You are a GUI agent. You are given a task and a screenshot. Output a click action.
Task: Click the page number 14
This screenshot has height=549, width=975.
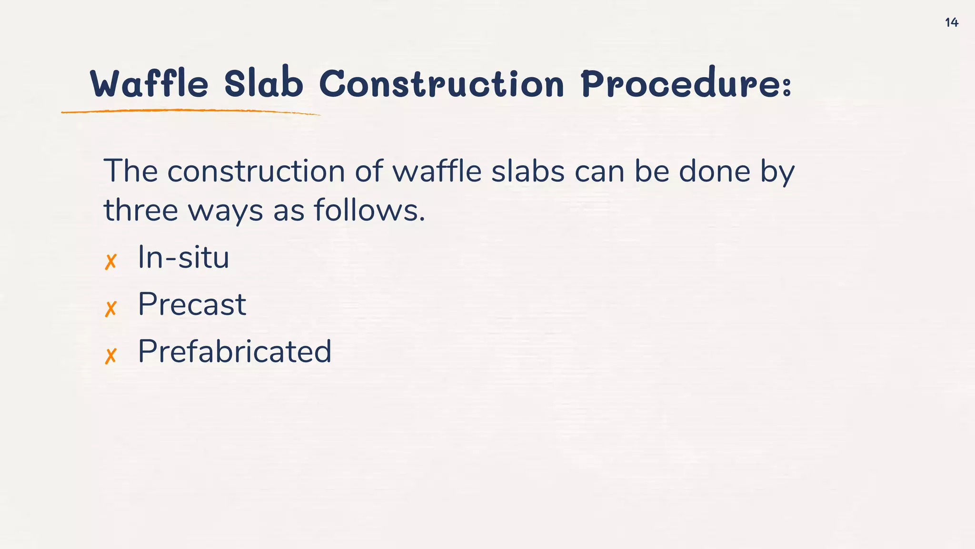[x=951, y=22]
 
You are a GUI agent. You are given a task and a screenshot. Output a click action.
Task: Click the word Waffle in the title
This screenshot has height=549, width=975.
[x=149, y=84]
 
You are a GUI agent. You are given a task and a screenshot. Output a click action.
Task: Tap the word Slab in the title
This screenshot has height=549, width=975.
[x=263, y=84]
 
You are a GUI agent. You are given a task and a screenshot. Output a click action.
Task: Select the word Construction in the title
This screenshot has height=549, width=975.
[x=441, y=84]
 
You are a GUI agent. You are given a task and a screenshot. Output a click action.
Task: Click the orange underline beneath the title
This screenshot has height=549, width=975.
[x=190, y=112]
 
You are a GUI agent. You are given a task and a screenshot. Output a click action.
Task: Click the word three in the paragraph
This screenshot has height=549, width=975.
[x=141, y=210]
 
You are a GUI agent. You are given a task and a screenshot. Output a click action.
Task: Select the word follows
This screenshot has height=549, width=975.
[x=369, y=210]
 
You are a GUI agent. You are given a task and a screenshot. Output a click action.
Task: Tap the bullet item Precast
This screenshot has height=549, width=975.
[x=192, y=304]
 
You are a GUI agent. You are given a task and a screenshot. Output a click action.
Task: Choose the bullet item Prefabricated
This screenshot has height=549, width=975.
[x=234, y=351]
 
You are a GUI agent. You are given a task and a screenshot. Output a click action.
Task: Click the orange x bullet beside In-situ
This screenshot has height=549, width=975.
[x=110, y=262]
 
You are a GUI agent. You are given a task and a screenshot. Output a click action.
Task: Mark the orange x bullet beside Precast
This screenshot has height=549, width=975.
[x=110, y=309]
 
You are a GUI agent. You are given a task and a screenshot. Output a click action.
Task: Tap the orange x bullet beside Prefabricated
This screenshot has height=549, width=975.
[x=110, y=356]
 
